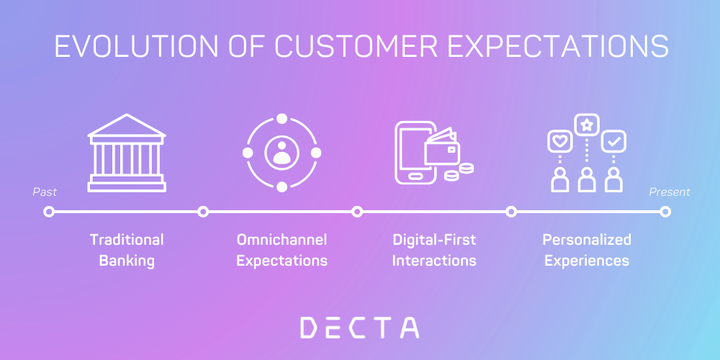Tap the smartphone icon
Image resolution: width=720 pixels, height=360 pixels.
[413, 153]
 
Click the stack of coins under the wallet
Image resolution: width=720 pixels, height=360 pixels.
[460, 172]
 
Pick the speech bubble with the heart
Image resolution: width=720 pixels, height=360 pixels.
[559, 141]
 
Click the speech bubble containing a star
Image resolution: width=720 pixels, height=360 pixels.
[587, 125]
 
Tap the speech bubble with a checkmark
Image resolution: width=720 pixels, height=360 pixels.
[613, 141]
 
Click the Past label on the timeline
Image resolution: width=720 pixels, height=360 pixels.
[45, 192]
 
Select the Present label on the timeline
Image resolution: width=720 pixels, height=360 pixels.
[670, 192]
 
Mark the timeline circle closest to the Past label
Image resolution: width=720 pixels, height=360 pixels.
[49, 212]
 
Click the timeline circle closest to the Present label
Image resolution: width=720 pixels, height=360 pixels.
[665, 212]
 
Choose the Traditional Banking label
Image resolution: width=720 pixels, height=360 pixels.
[127, 250]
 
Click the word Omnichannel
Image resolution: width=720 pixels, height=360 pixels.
[282, 239]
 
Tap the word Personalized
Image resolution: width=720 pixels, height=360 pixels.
[587, 239]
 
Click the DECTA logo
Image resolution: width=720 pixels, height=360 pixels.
[359, 328]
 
